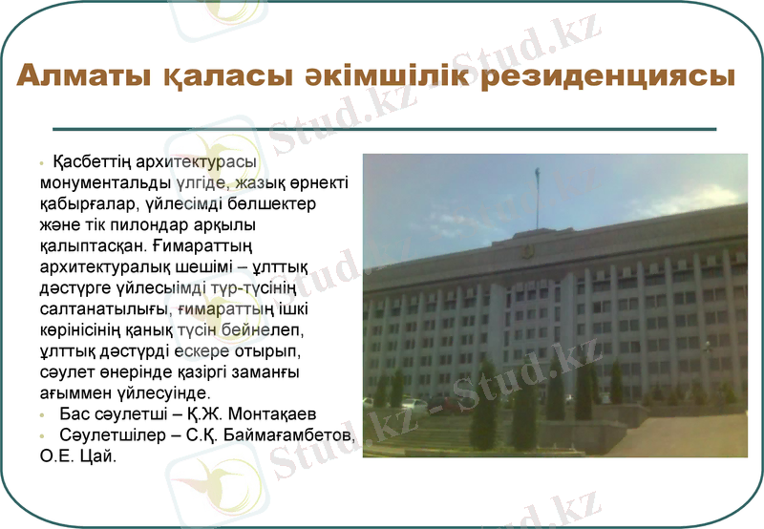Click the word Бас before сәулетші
[x=73, y=415]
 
